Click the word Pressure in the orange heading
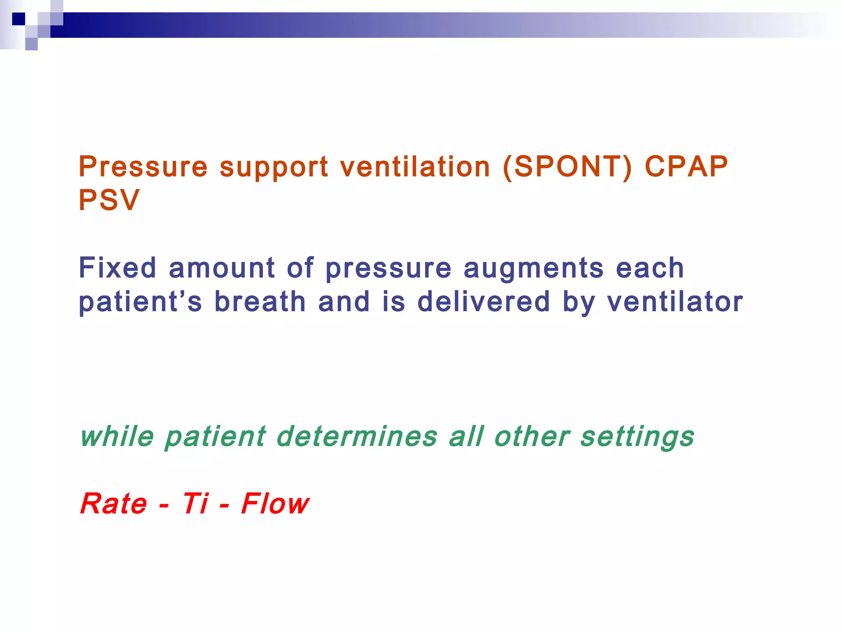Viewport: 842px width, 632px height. click(143, 167)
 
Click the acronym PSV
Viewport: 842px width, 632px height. click(109, 200)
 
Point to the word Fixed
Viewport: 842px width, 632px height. click(118, 268)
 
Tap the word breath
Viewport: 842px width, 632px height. click(260, 302)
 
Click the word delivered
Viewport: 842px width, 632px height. click(483, 302)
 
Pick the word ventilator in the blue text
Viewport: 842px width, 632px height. click(675, 302)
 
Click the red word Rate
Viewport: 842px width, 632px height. click(114, 504)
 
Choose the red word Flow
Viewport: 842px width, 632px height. click(275, 504)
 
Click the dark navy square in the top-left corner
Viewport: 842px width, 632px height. click(19, 19)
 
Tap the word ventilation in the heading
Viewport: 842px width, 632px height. click(415, 167)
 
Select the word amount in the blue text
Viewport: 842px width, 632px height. click(222, 268)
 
